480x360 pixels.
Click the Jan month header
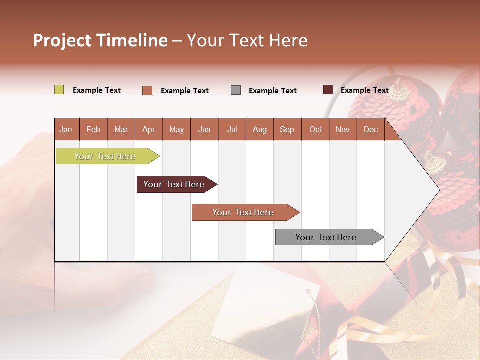pyautogui.click(x=66, y=130)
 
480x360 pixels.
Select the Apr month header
pyautogui.click(x=149, y=130)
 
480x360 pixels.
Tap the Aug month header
pyautogui.click(x=260, y=130)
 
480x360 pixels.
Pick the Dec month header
pyautogui.click(x=370, y=130)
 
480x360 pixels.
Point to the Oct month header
pyautogui.click(x=315, y=130)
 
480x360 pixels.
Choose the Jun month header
pyautogui.click(x=204, y=130)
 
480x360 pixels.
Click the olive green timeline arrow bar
pyautogui.click(x=105, y=156)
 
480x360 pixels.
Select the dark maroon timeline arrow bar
pyautogui.click(x=174, y=184)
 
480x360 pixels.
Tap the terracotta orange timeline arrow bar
pyautogui.click(x=243, y=212)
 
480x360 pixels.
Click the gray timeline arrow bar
pyautogui.click(x=327, y=237)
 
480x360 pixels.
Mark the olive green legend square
pyautogui.click(x=59, y=90)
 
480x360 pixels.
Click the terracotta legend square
pyautogui.click(x=147, y=90)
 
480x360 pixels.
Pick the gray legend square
pyautogui.click(x=236, y=90)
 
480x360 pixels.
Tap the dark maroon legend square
pyautogui.click(x=328, y=90)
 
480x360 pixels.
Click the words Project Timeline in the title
pyautogui.click(x=100, y=40)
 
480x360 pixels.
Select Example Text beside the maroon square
pyautogui.click(x=364, y=90)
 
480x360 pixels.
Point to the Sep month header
pyautogui.click(x=287, y=130)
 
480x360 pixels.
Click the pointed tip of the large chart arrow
pyautogui.click(x=438, y=189)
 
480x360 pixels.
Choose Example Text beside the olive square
pyautogui.click(x=97, y=90)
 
